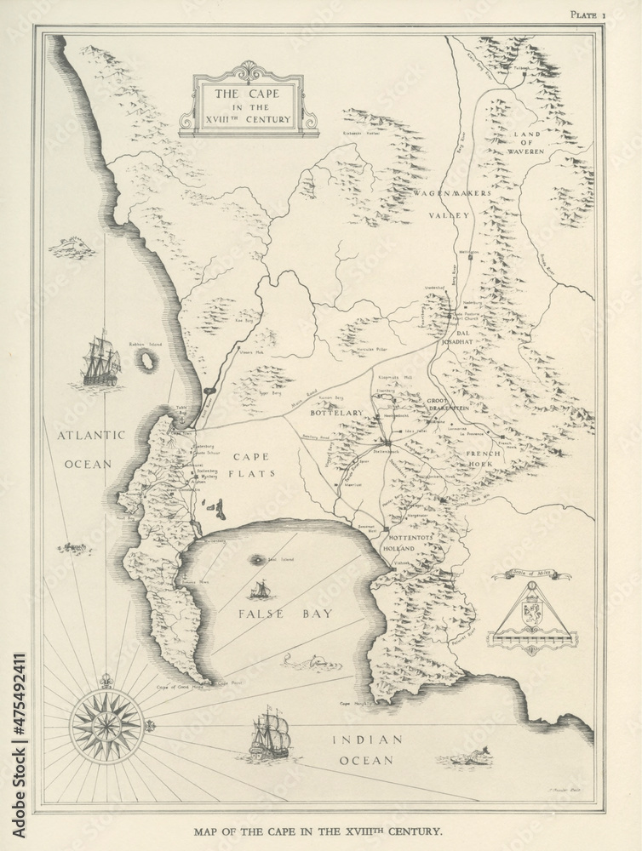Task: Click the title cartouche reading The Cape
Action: coord(249,107)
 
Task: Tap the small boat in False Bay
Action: coord(261,589)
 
